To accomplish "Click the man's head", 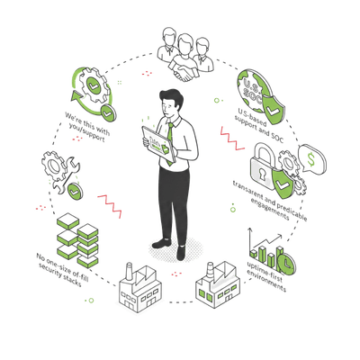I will [172, 101].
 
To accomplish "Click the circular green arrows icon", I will [91, 88].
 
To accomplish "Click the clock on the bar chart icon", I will [286, 263].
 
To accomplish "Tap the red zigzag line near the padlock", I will [233, 140].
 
